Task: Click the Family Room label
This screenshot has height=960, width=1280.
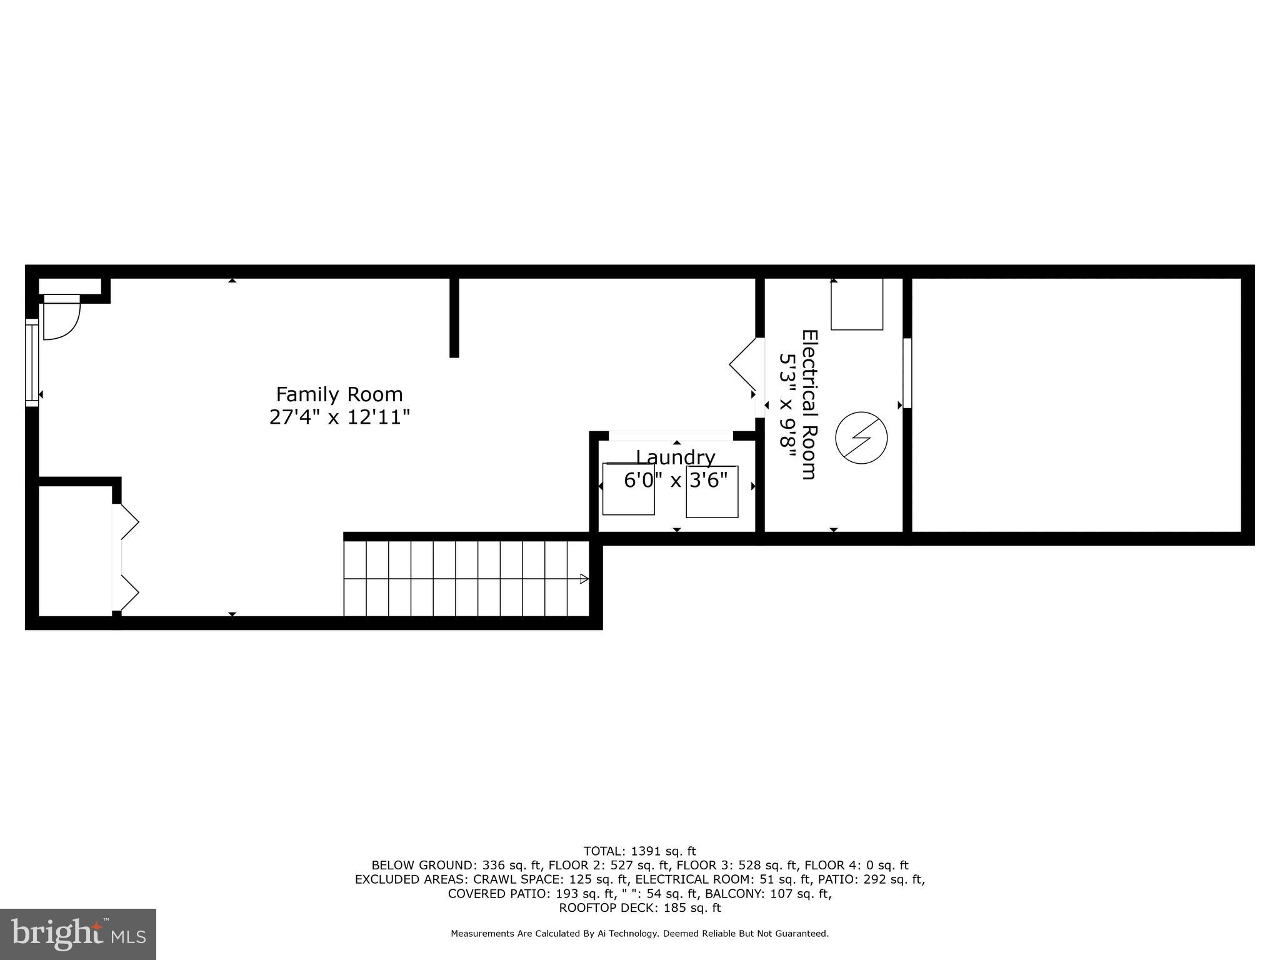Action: tap(339, 394)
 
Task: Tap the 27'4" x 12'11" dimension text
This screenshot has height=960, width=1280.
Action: tap(339, 417)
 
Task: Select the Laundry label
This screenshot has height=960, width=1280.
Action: tap(675, 457)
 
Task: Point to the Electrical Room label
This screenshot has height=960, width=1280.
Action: tap(809, 404)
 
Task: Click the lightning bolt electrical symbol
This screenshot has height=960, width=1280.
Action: tap(861, 437)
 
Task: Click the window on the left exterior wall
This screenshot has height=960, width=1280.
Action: tap(32, 362)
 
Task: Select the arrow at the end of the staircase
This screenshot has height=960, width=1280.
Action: tap(584, 579)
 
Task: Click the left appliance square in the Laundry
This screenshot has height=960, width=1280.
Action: tap(628, 489)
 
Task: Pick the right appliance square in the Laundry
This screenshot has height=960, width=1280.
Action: tap(712, 492)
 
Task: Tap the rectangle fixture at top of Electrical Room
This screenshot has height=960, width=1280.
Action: tap(856, 304)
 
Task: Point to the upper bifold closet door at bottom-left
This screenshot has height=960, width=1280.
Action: tap(129, 521)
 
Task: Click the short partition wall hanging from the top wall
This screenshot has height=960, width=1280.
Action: tap(454, 317)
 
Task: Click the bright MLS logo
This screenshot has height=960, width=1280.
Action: tap(78, 934)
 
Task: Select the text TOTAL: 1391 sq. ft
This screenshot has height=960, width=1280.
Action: tap(639, 851)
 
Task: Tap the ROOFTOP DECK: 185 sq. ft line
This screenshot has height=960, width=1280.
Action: tap(639, 907)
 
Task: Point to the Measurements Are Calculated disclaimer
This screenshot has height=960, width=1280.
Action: tap(639, 934)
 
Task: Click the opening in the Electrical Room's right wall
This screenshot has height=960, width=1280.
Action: tap(907, 373)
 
